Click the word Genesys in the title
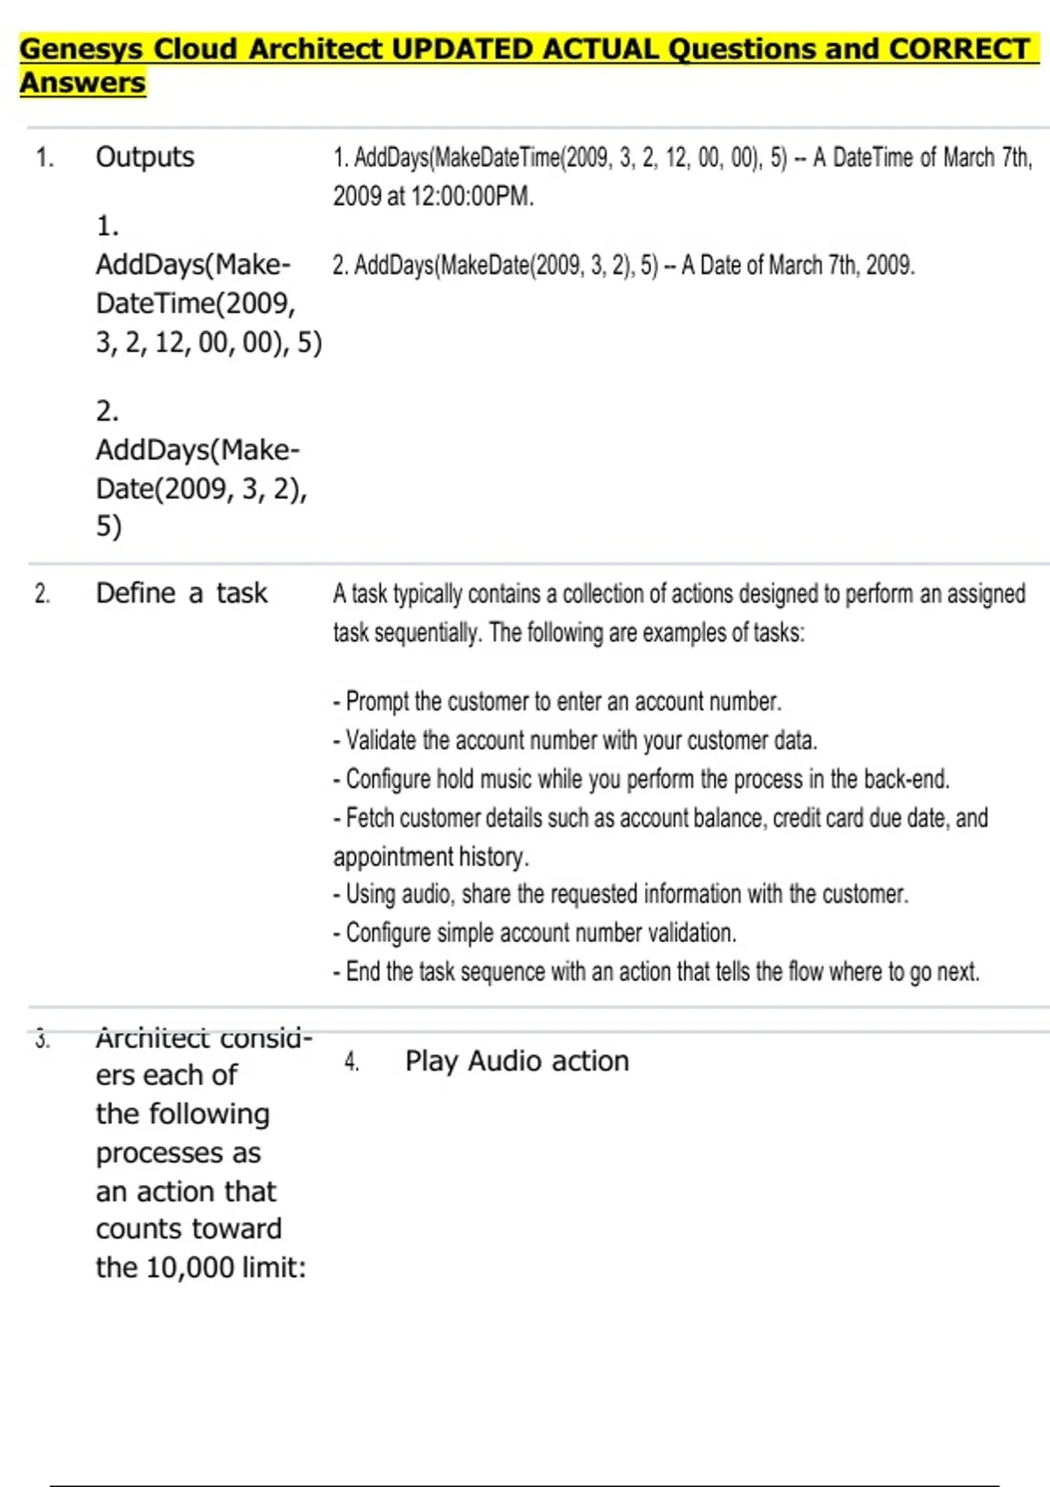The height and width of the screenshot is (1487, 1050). [x=81, y=49]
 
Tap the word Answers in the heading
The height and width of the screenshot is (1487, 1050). [x=82, y=83]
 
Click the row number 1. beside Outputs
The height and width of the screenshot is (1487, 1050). [x=45, y=157]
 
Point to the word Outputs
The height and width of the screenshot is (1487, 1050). [x=145, y=157]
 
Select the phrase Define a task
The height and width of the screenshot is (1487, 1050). [x=181, y=593]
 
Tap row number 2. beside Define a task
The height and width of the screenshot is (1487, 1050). [x=43, y=594]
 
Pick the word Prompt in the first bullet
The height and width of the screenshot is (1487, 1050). [x=377, y=702]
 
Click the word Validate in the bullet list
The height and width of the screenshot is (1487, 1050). [x=381, y=740]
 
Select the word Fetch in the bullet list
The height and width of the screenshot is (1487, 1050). [x=367, y=818]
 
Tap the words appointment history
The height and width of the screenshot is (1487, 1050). [x=430, y=856]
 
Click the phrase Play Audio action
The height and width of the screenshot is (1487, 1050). [x=516, y=1061]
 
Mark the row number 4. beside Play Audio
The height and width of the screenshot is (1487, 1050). [x=352, y=1062]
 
